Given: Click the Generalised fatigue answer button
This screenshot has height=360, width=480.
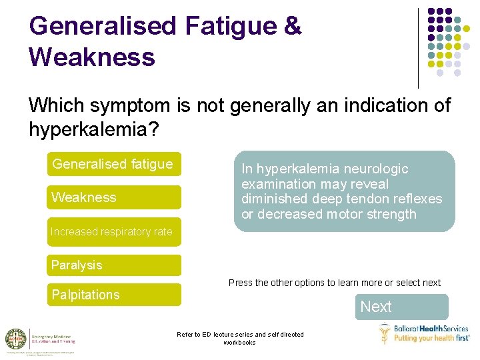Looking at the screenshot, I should coord(113,165).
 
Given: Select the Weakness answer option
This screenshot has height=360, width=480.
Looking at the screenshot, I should coord(113,197).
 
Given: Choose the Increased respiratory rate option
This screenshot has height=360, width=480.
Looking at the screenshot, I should coord(113,232).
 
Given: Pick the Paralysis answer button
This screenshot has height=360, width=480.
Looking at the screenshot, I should coord(113,265).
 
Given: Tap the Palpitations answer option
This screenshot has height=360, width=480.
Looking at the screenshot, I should coord(113,295).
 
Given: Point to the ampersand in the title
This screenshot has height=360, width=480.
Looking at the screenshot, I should coord(293,27).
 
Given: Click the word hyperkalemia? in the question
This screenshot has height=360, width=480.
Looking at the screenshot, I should coord(94,129).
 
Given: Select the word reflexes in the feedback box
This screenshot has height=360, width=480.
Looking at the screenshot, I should coord(417,199).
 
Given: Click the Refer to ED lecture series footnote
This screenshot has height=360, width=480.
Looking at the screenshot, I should coord(239,338).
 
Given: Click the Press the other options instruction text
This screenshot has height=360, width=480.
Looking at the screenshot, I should coord(334,283).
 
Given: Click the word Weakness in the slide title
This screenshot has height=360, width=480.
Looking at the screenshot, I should coord(92,57).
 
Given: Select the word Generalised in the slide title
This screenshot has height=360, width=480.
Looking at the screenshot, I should coord(103,27).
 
